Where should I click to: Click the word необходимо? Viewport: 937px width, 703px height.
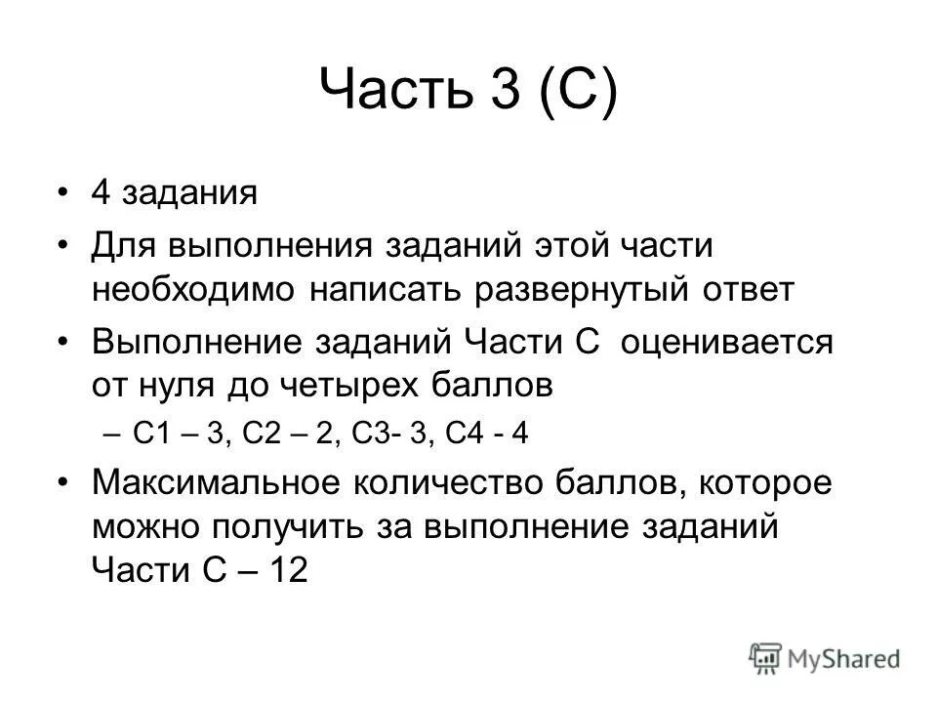click(x=194, y=289)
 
